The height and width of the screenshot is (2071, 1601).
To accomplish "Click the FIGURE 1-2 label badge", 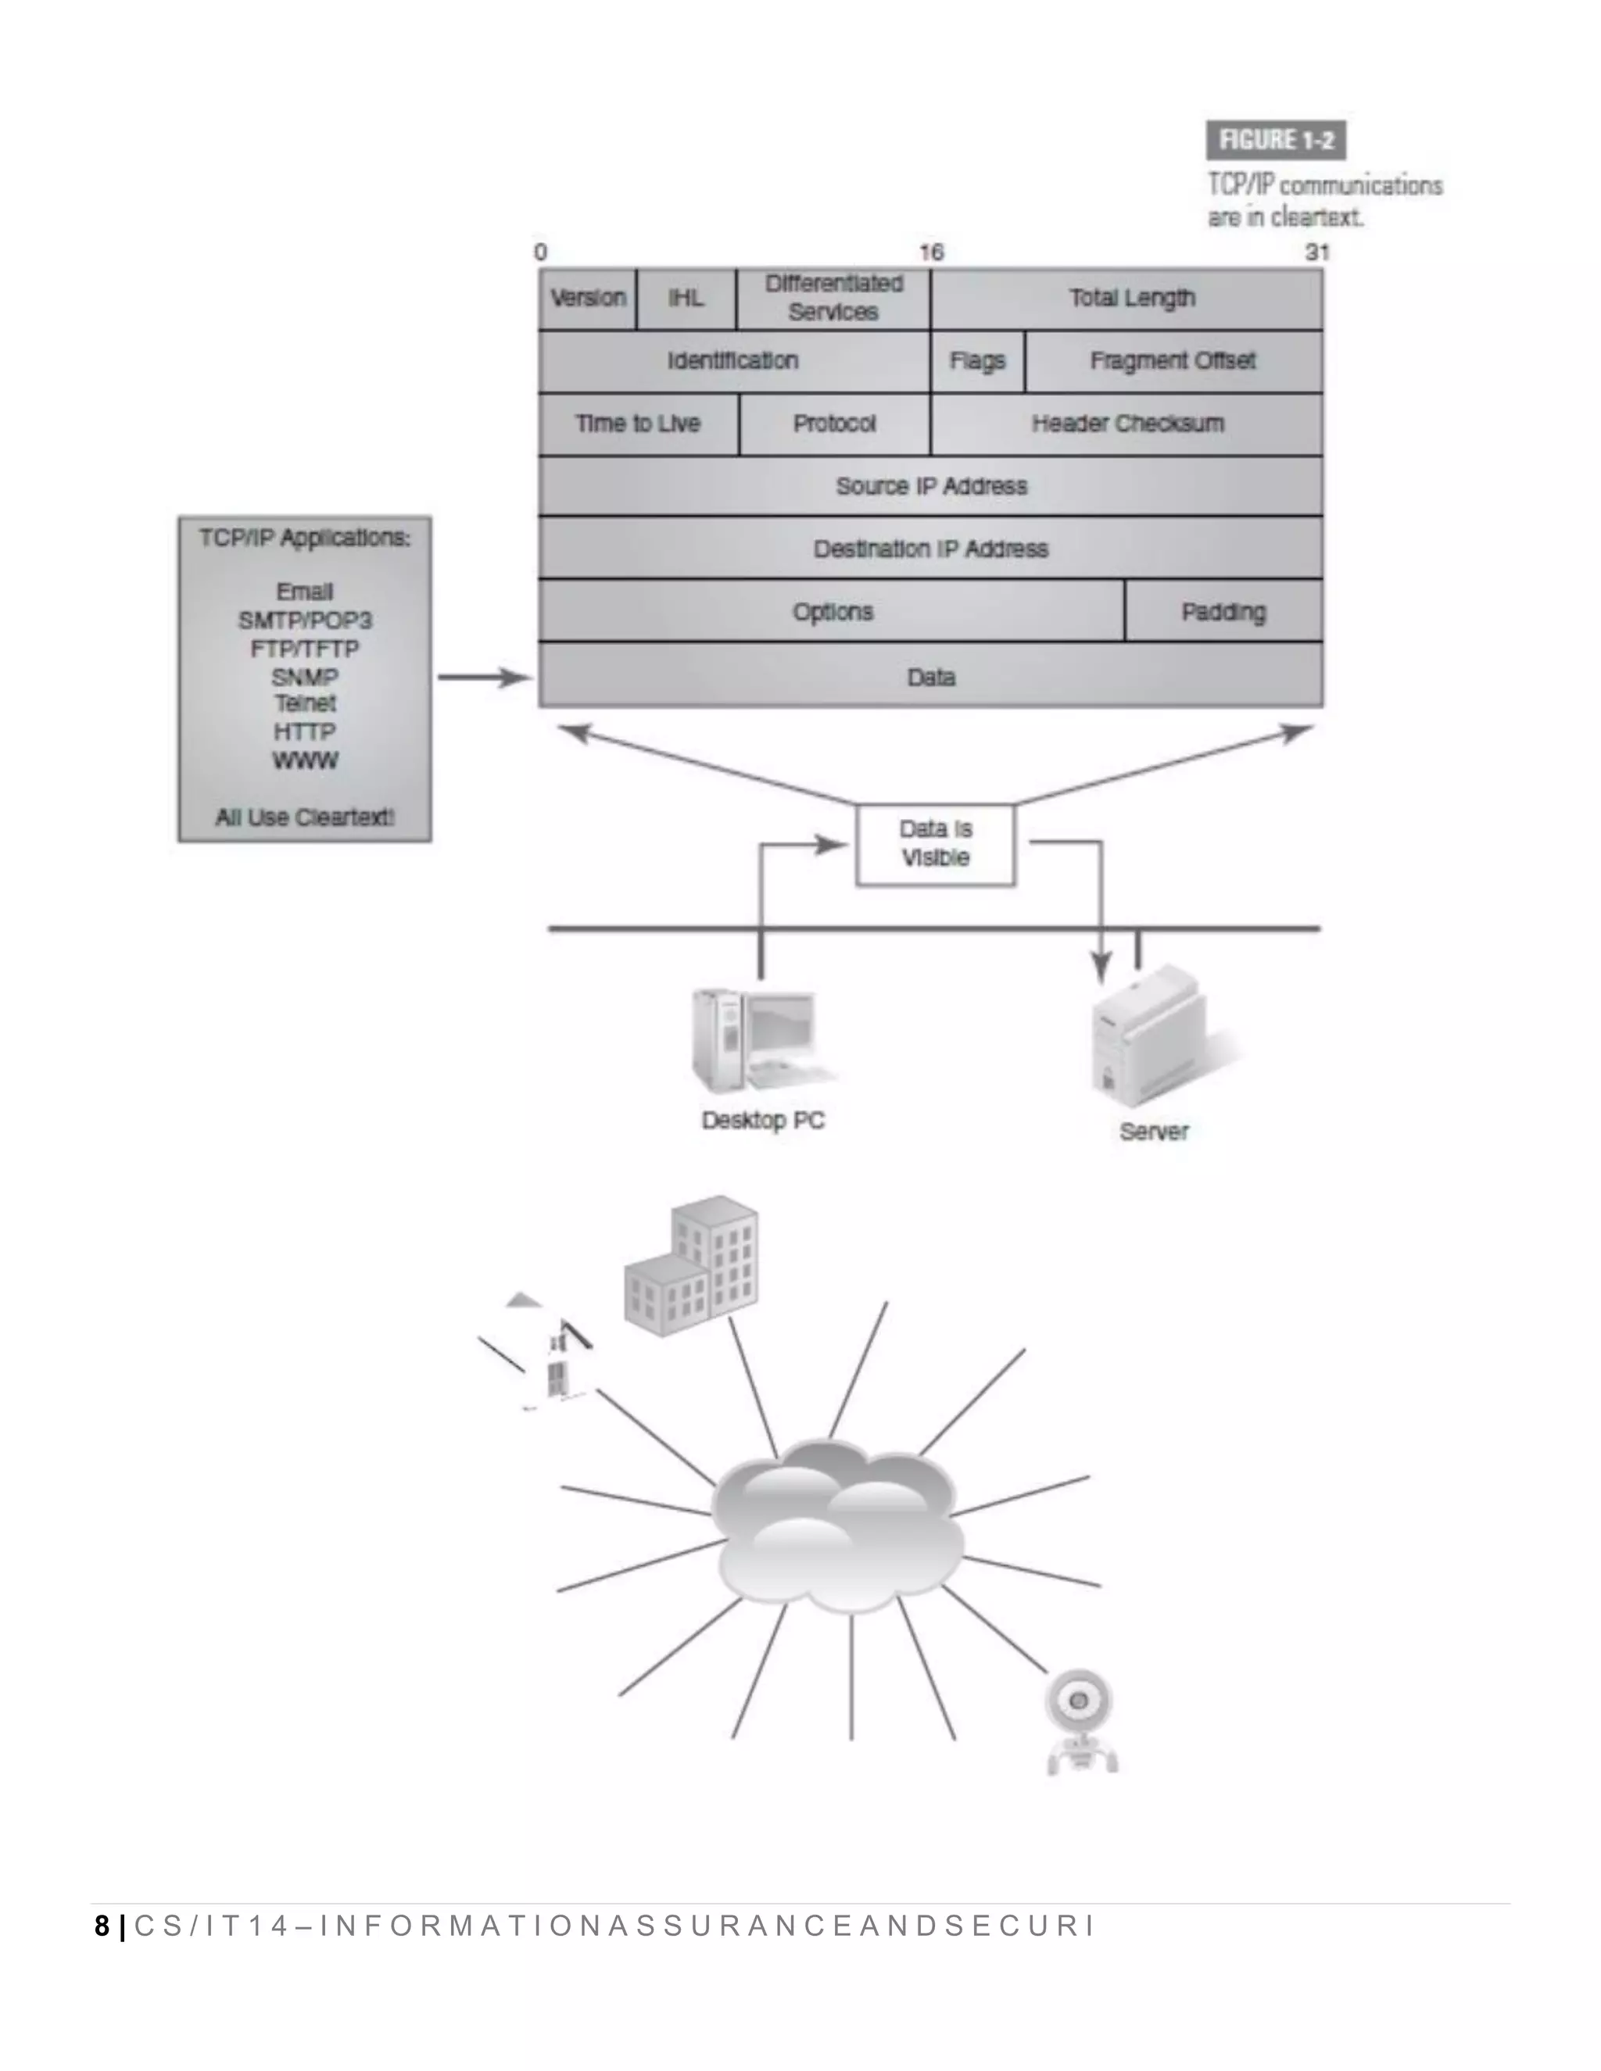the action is tap(1276, 141).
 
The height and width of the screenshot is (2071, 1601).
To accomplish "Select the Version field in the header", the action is tap(588, 298).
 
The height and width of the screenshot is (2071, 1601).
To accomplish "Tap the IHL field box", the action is tap(686, 298).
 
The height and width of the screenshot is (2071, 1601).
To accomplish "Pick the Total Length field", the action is tap(1131, 298).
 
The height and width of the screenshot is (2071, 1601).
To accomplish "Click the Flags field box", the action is tap(977, 360).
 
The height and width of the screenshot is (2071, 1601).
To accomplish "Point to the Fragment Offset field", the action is tap(1173, 360).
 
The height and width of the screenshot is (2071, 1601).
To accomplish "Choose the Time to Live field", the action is tap(637, 423).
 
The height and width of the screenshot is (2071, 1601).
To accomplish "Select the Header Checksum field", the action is tap(1126, 423).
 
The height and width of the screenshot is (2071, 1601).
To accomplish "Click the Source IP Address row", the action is tap(930, 485).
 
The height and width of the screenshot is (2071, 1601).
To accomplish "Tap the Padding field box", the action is tap(1223, 612).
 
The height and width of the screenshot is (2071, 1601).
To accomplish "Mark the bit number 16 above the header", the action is tap(931, 252).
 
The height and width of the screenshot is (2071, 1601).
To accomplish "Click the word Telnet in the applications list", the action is tap(304, 703).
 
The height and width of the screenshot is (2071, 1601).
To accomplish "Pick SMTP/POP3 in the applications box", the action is tap(304, 621).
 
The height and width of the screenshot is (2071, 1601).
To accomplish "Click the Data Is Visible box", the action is tap(935, 844).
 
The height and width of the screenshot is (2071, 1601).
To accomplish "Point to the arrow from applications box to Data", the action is tap(485, 677).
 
